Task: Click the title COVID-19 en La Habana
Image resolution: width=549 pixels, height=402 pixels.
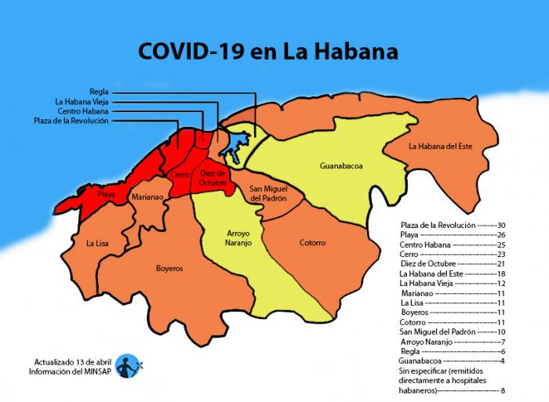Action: coord(268,52)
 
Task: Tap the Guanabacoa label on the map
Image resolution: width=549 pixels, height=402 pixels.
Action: coord(341,166)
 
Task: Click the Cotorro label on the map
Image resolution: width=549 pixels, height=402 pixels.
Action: coord(312,243)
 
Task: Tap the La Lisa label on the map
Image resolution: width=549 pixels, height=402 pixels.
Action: coord(97,243)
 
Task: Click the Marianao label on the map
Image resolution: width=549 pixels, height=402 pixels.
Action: coord(147,197)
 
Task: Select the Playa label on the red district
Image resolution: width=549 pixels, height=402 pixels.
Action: coord(107,193)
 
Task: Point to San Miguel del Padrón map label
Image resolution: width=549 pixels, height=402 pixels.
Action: coord(267,194)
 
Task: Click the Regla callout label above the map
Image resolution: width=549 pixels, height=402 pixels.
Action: coord(100,92)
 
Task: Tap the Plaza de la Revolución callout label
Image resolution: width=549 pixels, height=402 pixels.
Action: coord(71,121)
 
